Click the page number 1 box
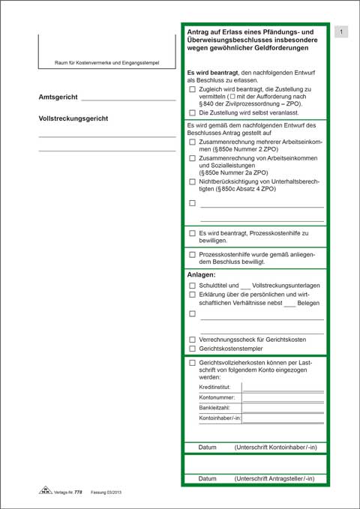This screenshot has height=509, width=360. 341,31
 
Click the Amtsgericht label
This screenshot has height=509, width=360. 58,97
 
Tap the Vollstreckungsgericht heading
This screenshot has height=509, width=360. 73,118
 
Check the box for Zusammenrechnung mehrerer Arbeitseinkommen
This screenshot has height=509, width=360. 193,142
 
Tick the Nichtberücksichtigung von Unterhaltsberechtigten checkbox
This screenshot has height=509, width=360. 193,181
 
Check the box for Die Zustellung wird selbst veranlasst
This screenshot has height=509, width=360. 193,112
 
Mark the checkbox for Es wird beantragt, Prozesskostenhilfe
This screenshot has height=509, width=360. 193,233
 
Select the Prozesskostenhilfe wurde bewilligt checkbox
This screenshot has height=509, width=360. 193,255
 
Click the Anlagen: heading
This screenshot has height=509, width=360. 201,274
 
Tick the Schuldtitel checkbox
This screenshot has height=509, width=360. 193,286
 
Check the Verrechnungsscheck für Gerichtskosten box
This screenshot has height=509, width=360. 193,340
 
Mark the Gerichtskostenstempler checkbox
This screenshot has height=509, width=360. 193,349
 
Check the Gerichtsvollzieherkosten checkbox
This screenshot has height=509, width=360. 193,363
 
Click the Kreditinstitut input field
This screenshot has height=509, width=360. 283,387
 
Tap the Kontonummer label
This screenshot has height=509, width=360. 217,397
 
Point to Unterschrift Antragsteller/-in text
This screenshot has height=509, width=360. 274,478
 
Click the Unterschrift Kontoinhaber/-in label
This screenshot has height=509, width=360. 275,448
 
